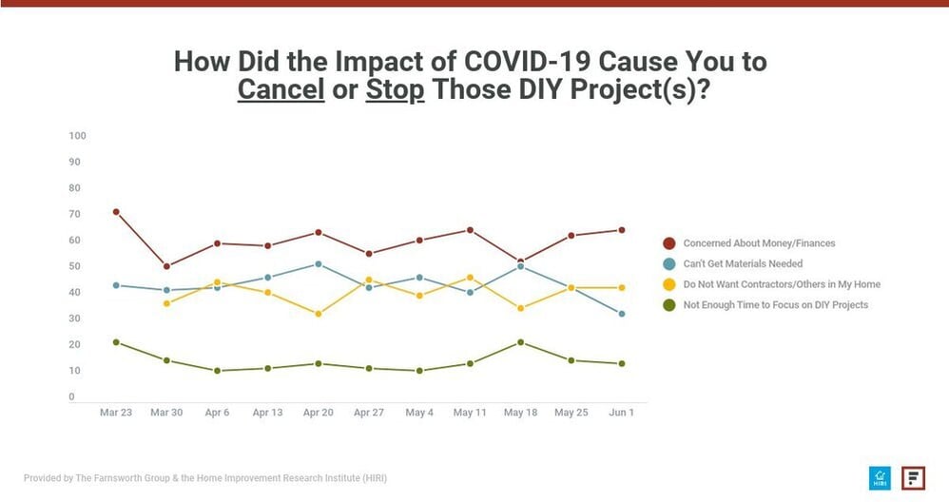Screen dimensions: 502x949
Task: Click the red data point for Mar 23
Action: (116, 212)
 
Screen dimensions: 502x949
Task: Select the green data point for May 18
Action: (521, 342)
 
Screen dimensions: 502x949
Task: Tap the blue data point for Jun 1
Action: (622, 314)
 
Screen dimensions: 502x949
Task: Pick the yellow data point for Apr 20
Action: (319, 314)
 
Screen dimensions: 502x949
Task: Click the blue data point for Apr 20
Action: (319, 263)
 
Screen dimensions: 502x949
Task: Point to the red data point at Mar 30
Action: (166, 266)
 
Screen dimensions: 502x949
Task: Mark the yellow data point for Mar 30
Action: (166, 303)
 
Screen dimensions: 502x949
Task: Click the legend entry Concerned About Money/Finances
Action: (759, 243)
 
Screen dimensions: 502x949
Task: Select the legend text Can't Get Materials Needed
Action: (743, 263)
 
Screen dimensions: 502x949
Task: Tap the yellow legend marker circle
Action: (669, 284)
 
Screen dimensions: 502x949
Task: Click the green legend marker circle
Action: (669, 305)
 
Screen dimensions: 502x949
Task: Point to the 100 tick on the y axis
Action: (78, 136)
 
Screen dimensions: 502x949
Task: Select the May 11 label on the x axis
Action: (471, 413)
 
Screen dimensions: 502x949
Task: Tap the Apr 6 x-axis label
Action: (217, 413)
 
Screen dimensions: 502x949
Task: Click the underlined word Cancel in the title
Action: (281, 91)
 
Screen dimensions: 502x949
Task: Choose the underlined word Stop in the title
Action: (395, 91)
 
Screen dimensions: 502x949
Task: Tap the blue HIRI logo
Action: (878, 478)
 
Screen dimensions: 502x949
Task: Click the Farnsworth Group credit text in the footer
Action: (205, 478)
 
